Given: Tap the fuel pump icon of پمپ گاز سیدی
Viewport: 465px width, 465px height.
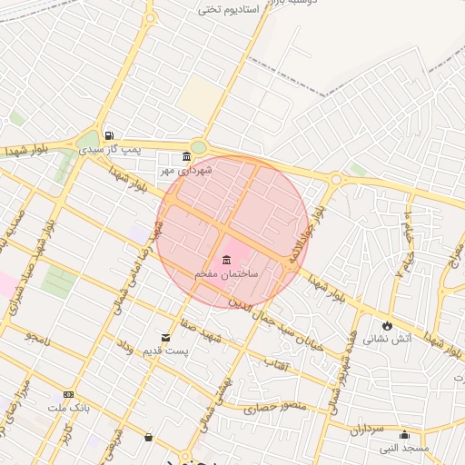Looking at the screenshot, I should (109, 135).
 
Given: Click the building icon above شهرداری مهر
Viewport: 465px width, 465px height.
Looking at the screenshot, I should (186, 156).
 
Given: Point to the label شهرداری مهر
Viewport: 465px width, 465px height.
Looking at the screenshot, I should (186, 170).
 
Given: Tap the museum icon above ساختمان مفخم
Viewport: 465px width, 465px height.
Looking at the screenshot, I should (225, 259).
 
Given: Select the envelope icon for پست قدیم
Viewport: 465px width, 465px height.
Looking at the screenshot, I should (165, 337).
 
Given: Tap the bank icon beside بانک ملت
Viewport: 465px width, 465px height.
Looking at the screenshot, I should (68, 394).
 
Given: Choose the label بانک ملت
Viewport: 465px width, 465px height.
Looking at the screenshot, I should (67, 408).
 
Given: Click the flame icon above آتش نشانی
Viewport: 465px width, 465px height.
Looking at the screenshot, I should (388, 325).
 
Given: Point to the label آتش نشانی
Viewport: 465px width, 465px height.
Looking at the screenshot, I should (388, 339).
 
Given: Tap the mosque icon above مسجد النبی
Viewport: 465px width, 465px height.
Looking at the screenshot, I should (404, 434).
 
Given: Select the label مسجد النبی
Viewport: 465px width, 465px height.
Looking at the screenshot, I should (403, 448).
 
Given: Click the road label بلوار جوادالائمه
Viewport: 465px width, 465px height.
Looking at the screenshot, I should (306, 233).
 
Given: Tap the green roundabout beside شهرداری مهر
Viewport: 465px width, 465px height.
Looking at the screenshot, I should (198, 148).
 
